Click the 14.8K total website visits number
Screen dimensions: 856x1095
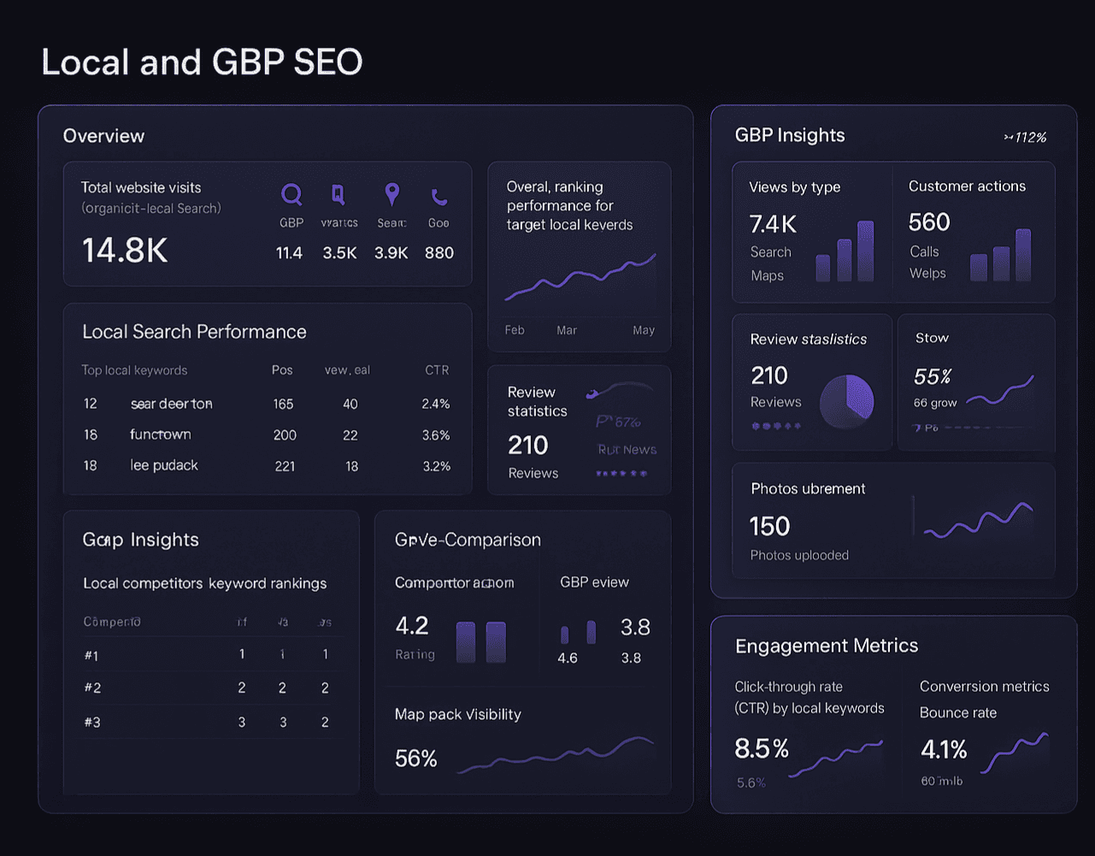click(125, 251)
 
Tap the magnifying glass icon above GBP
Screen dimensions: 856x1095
click(291, 195)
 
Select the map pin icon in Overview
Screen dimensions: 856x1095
click(391, 194)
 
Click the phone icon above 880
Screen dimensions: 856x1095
click(439, 198)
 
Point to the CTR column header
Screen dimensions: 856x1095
click(437, 370)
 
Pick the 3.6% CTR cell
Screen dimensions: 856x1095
click(436, 435)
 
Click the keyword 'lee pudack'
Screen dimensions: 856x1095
click(164, 465)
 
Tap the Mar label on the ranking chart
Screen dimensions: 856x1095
click(567, 330)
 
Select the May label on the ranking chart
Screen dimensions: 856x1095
click(644, 330)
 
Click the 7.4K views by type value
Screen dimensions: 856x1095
click(773, 224)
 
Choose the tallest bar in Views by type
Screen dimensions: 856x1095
click(865, 251)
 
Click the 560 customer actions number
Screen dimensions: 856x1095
click(929, 222)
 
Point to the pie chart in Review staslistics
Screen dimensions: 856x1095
click(847, 400)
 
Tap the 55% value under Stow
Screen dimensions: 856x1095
click(933, 376)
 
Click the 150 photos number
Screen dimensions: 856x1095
click(769, 526)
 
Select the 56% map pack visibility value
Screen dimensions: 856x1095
click(416, 759)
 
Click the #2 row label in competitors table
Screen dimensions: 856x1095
click(92, 688)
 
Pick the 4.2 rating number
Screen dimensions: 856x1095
click(412, 626)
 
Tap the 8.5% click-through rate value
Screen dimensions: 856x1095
click(762, 749)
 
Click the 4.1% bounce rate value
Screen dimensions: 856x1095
click(944, 750)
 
